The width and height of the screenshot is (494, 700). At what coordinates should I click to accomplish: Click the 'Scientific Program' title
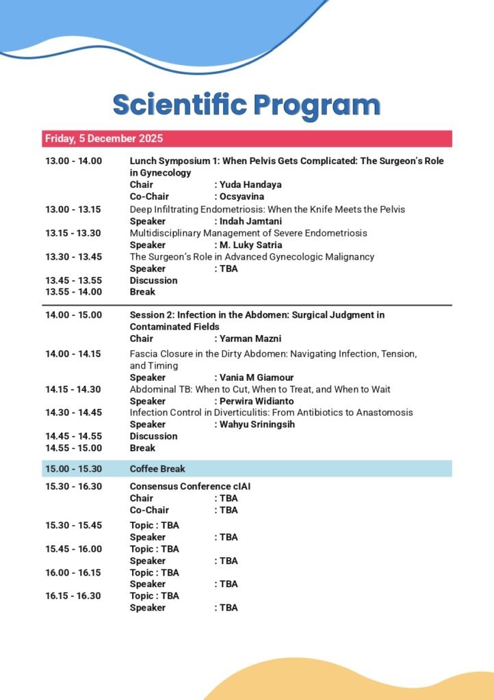coord(246,105)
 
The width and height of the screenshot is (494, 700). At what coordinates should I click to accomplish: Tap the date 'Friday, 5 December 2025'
coord(104,139)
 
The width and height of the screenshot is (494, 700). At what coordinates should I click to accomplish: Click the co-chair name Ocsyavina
coord(242,197)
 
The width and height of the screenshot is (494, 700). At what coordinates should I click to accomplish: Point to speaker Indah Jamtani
coord(250,221)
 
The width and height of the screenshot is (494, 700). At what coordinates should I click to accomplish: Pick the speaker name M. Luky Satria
coord(250,245)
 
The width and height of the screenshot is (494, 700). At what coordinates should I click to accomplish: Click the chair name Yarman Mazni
coord(250,338)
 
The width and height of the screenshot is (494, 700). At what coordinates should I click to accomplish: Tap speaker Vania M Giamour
coord(256,377)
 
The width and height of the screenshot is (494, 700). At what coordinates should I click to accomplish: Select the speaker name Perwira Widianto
coord(256,401)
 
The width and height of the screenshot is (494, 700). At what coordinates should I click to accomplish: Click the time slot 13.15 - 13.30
coord(73,233)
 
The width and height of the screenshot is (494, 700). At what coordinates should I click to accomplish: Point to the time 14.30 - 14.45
coord(73,413)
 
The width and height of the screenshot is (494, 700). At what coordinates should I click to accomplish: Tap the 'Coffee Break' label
coord(157,469)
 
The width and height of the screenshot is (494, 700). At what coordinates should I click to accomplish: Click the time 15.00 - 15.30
coord(73,469)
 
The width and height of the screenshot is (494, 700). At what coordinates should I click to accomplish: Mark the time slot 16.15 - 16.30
coord(73,596)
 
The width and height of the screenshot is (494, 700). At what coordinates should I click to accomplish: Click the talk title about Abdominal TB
coord(260,390)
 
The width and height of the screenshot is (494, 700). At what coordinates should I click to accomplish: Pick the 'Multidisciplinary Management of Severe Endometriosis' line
coord(248,233)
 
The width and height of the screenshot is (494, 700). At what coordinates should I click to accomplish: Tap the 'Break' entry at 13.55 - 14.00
coord(142,292)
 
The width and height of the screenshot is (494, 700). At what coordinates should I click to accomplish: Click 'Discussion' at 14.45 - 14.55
coord(153,436)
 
